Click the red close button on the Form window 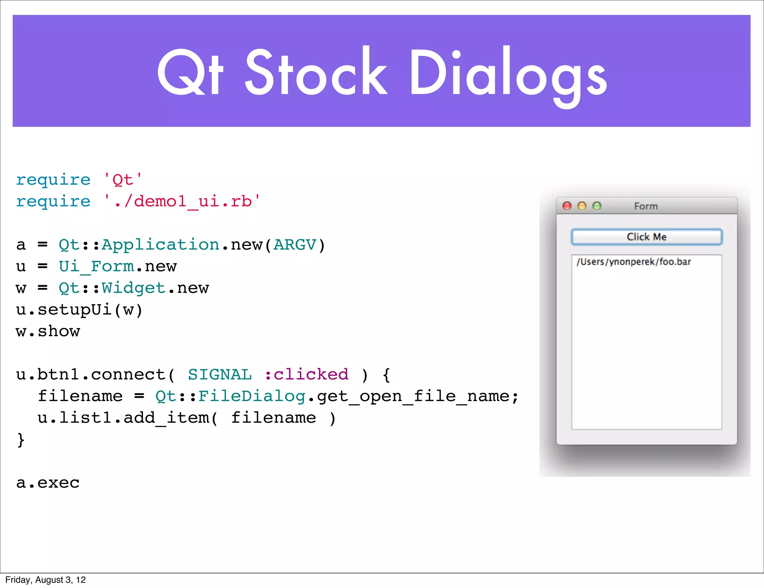pyautogui.click(x=567, y=206)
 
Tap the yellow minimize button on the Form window pyautogui.click(x=582, y=206)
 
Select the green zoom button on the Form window pyautogui.click(x=597, y=206)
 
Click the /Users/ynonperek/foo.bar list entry pyautogui.click(x=633, y=262)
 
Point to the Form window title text pyautogui.click(x=646, y=206)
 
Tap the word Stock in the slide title pyautogui.click(x=316, y=73)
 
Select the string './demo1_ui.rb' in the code pyautogui.click(x=182, y=201)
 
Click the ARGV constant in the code pyautogui.click(x=295, y=245)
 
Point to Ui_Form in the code pyautogui.click(x=96, y=266)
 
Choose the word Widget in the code pyautogui.click(x=133, y=288)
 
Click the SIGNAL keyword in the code pyautogui.click(x=220, y=375)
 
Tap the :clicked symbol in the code pyautogui.click(x=307, y=375)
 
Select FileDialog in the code pyautogui.click(x=252, y=396)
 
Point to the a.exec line pyautogui.click(x=48, y=483)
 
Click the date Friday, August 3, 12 pyautogui.click(x=46, y=580)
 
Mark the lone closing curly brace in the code pyautogui.click(x=21, y=440)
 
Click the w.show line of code pyautogui.click(x=48, y=331)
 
